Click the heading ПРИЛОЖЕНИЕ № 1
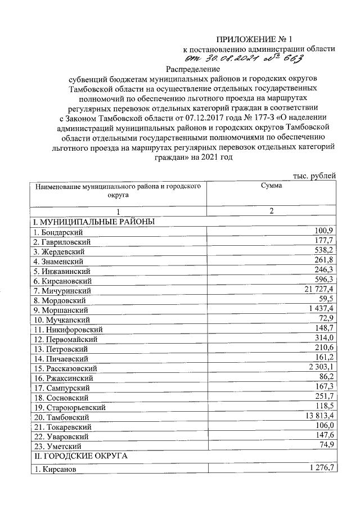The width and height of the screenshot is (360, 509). point(255,39)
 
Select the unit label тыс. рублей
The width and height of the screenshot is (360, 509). point(316,177)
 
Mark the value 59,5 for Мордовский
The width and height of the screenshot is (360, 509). point(327,299)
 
